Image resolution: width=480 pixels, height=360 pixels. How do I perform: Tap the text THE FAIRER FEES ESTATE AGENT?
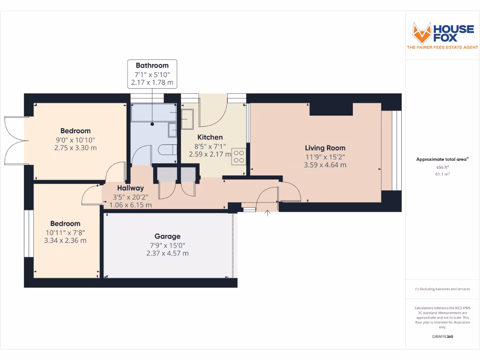(x=442, y=47)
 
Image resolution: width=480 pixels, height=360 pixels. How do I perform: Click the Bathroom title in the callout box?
(x=152, y=65)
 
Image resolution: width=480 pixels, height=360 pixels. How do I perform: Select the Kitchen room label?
(x=210, y=137)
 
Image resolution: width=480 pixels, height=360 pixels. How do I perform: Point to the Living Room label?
(x=325, y=148)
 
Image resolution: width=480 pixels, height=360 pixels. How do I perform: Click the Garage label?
(x=167, y=236)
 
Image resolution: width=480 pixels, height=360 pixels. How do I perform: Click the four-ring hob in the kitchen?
(x=239, y=156)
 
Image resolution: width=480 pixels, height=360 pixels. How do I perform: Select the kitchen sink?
(x=187, y=119)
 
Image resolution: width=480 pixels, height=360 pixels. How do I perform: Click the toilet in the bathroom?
(x=167, y=150)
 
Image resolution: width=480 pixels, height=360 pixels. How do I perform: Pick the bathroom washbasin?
(x=172, y=129)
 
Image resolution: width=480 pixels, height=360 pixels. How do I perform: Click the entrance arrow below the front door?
(x=268, y=214)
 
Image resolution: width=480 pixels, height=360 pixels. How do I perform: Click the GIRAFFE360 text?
(x=442, y=337)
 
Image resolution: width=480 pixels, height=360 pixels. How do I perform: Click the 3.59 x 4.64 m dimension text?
(x=325, y=165)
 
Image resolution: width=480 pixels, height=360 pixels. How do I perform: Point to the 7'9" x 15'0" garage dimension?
(x=167, y=245)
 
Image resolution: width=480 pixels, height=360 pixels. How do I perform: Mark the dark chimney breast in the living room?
(x=330, y=109)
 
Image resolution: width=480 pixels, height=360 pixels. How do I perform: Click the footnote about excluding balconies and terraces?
(x=442, y=289)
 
